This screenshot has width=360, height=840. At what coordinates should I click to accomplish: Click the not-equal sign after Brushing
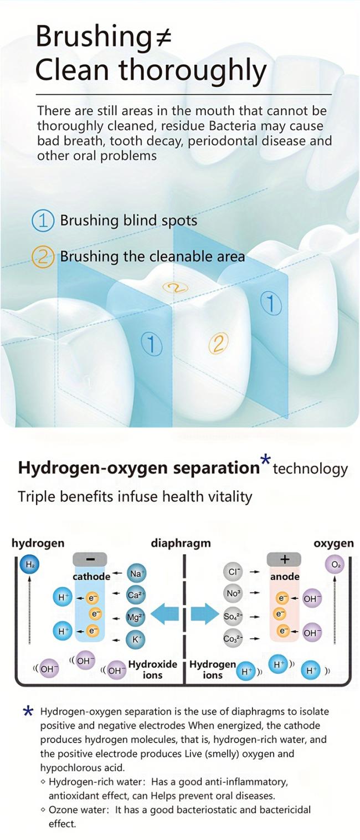(x=163, y=37)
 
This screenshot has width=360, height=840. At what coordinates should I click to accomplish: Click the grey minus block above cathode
(x=90, y=559)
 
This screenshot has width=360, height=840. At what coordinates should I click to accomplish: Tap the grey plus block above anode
(x=284, y=559)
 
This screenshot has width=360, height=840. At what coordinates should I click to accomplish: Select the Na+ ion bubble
(x=136, y=573)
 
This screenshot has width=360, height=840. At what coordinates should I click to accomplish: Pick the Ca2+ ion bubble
(x=136, y=595)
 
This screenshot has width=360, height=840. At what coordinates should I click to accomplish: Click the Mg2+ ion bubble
(x=136, y=617)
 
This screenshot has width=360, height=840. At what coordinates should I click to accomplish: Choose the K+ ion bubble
(x=136, y=639)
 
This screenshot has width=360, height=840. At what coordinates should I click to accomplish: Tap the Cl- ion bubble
(x=233, y=572)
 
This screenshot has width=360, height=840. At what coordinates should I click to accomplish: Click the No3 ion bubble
(x=233, y=593)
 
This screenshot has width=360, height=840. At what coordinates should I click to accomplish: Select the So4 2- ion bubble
(x=233, y=616)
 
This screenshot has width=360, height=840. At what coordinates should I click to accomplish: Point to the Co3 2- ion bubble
(x=233, y=638)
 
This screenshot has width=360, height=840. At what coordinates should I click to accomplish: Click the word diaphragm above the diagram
(x=181, y=543)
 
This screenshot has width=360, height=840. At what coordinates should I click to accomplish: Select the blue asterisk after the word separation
(x=265, y=460)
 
